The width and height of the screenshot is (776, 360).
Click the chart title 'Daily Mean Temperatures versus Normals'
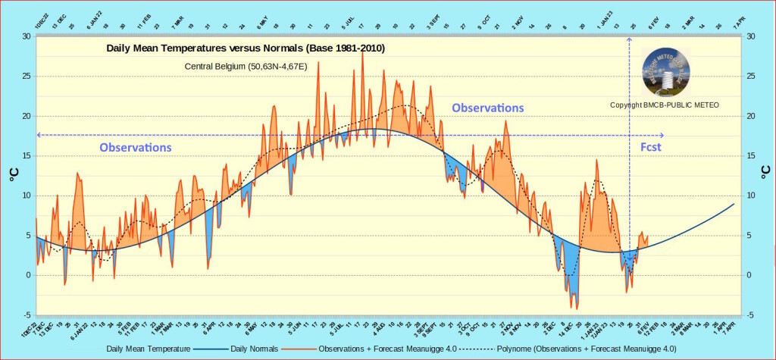(x=245, y=49)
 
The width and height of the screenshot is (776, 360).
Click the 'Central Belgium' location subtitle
(x=246, y=67)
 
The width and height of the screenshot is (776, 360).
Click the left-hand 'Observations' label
(x=136, y=147)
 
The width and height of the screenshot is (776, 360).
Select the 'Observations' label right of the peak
(x=487, y=108)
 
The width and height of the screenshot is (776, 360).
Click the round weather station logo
(x=666, y=73)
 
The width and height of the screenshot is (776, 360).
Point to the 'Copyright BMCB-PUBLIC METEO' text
(x=665, y=105)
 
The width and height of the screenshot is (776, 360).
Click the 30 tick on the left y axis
(x=27, y=36)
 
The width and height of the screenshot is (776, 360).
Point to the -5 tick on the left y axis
(x=27, y=315)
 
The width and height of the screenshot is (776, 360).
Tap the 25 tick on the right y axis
(x=750, y=77)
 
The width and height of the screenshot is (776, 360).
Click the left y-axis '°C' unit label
(x=13, y=175)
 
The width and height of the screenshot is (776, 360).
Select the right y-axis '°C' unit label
(x=764, y=175)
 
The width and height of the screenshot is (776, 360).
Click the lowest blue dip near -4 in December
(x=577, y=308)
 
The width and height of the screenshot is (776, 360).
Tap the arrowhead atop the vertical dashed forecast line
(x=630, y=38)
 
